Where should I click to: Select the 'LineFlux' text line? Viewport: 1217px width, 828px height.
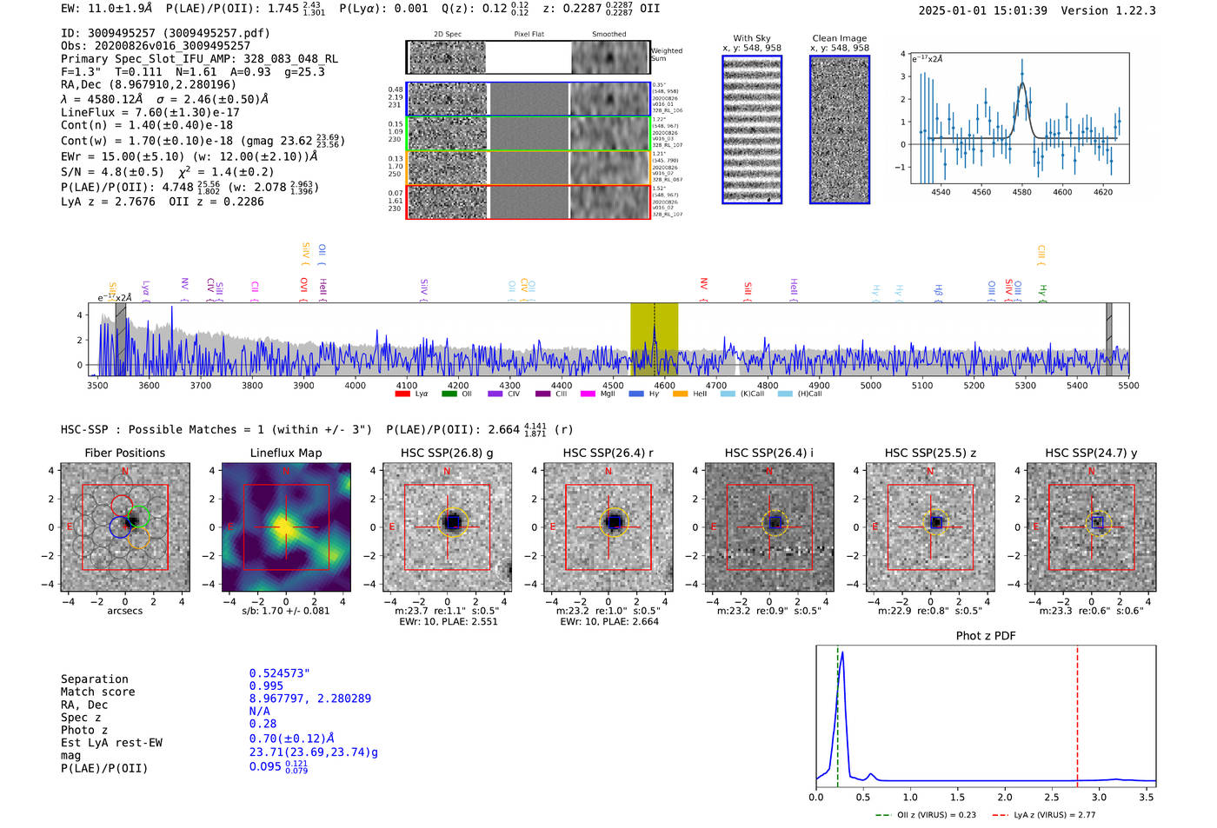[150, 112]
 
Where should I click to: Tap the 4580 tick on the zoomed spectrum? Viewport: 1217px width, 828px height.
[1021, 192]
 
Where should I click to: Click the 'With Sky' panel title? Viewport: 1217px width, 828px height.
[751, 38]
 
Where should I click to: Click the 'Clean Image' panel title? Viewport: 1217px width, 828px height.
[839, 38]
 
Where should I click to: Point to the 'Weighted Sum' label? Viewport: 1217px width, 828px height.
[667, 55]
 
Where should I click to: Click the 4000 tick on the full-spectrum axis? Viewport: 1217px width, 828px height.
[355, 385]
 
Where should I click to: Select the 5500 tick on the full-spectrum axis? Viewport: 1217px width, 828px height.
[1128, 385]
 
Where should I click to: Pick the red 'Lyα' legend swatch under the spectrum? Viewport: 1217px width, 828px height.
[402, 394]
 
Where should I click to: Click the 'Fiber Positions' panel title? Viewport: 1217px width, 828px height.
[124, 453]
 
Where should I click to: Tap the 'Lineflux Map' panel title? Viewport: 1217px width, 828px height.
[285, 453]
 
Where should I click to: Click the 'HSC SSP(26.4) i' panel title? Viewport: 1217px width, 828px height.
[768, 453]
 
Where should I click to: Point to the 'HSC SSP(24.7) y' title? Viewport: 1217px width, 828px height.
[1091, 453]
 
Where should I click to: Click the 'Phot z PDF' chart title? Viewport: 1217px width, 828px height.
[986, 635]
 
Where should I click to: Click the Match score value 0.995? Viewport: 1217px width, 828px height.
[266, 686]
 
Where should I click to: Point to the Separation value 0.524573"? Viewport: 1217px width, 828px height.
[279, 673]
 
